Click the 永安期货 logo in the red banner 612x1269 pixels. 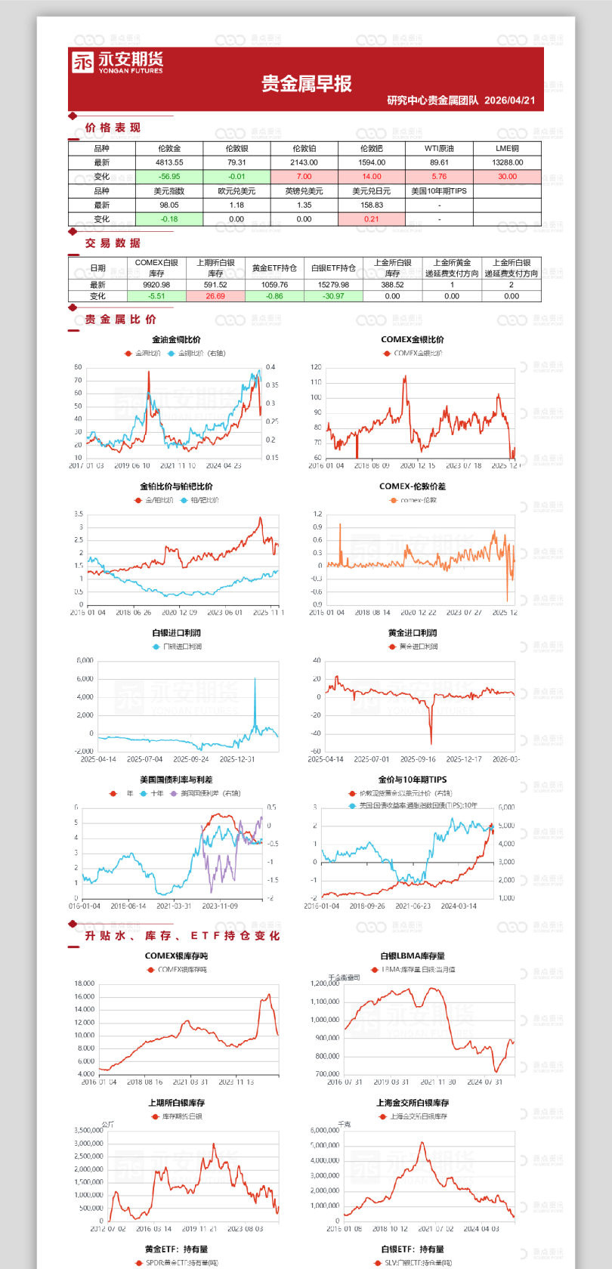117,62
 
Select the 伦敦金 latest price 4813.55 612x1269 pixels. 169,162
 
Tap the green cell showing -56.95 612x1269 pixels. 169,177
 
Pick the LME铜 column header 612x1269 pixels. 507,149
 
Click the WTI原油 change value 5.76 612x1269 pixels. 439,177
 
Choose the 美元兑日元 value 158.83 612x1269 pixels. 372,205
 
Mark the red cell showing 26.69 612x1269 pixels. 215,296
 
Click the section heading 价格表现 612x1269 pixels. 113,128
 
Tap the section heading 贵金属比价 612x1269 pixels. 120,320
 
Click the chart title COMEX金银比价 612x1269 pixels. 412,340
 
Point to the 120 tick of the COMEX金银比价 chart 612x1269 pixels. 316,367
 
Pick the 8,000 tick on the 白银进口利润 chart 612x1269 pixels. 85,661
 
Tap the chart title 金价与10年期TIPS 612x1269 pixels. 412,780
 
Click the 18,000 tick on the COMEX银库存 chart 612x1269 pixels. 85,983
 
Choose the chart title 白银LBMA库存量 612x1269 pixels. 412,956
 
